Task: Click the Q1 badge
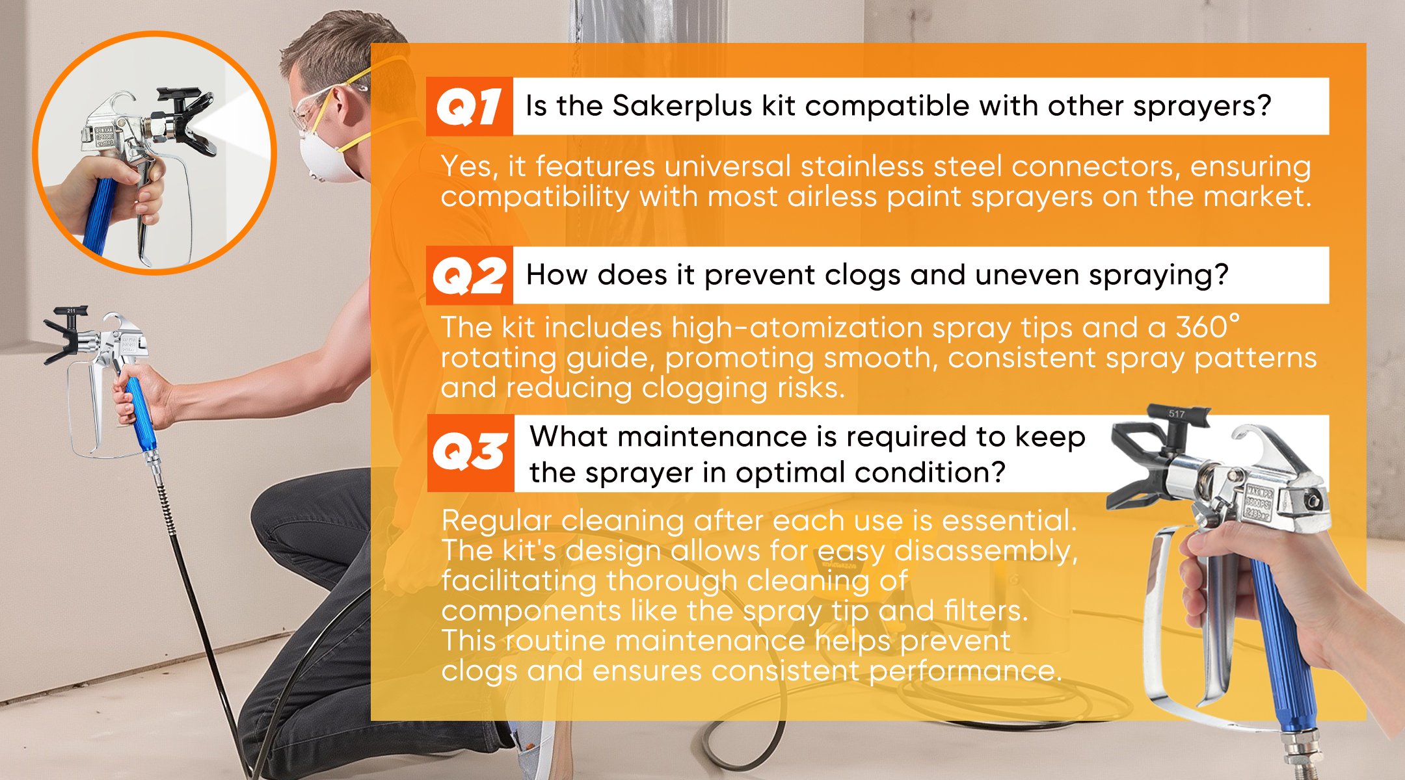click(x=470, y=107)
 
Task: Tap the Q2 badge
click(x=470, y=276)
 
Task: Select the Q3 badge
click(x=470, y=452)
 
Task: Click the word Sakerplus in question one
click(x=682, y=107)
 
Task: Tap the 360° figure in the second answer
click(x=1207, y=327)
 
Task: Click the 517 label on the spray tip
click(x=1176, y=413)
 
